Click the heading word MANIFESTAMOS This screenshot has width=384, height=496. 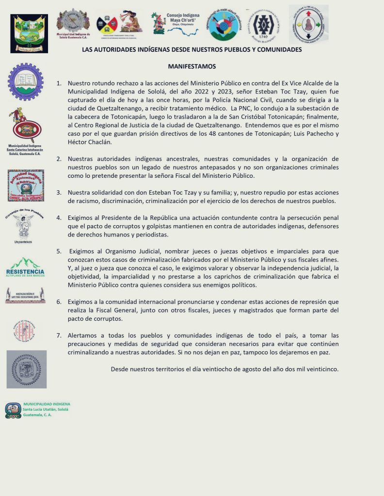[192, 66]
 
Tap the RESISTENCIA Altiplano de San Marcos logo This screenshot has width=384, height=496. [25, 267]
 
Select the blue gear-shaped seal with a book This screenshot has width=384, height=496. [25, 82]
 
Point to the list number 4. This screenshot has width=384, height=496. [59, 217]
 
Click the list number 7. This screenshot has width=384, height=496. [59, 335]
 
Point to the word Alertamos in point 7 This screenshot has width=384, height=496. [83, 335]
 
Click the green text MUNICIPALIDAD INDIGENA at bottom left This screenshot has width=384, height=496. [47, 404]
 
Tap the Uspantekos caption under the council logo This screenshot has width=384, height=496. [25, 241]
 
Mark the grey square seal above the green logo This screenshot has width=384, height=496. [27, 369]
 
